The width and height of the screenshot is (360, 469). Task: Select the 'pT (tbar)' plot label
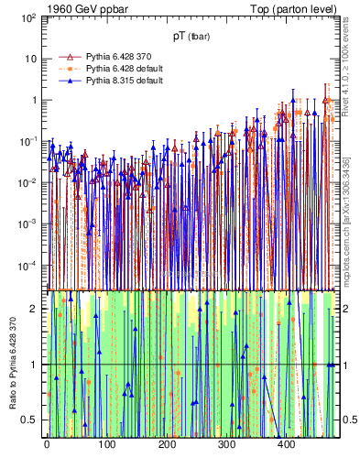coord(191,36)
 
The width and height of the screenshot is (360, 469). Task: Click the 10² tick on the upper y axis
coord(29,17)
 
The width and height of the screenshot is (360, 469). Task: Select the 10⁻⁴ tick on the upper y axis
coord(29,266)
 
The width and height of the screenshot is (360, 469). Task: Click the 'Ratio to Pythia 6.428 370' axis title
coord(11,364)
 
